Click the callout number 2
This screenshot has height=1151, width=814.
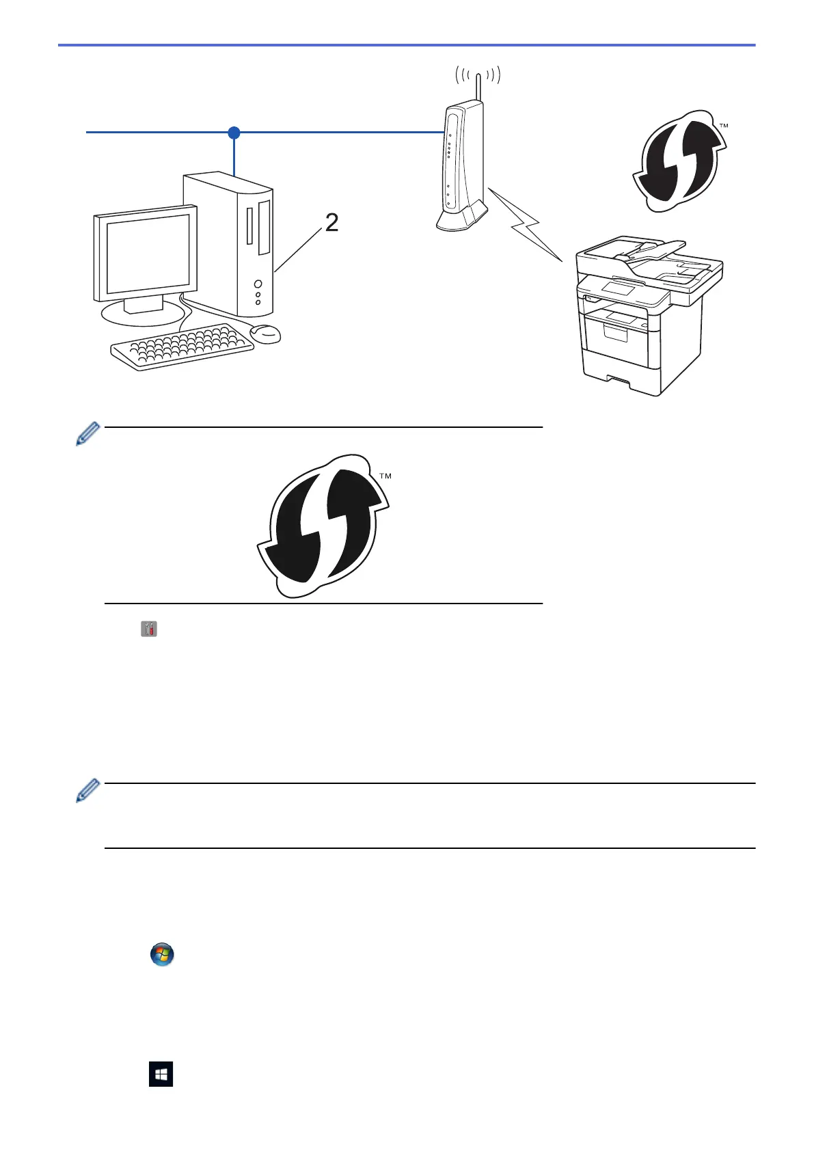[331, 223]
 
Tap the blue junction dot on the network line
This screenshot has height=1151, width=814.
[234, 132]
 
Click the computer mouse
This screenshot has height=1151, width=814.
[265, 334]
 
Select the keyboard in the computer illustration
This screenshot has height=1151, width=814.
[182, 347]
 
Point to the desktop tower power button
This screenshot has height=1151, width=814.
[258, 284]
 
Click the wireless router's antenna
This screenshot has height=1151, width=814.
[478, 85]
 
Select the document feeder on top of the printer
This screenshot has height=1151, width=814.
[649, 256]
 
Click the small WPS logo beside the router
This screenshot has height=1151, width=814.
[677, 161]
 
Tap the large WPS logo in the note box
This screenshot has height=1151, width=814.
[322, 526]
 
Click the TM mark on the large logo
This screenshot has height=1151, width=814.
[385, 476]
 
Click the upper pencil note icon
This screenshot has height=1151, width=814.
[87, 434]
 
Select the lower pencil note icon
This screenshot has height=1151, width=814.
[87, 790]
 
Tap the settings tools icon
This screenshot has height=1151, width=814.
[149, 629]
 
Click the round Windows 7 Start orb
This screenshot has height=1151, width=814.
[162, 954]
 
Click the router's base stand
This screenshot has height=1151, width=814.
[462, 219]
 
